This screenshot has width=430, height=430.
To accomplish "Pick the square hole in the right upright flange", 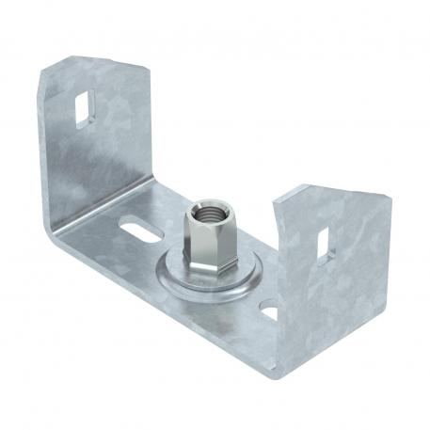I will coord(323,243).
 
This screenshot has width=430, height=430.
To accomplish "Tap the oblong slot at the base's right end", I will coord(269,308).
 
